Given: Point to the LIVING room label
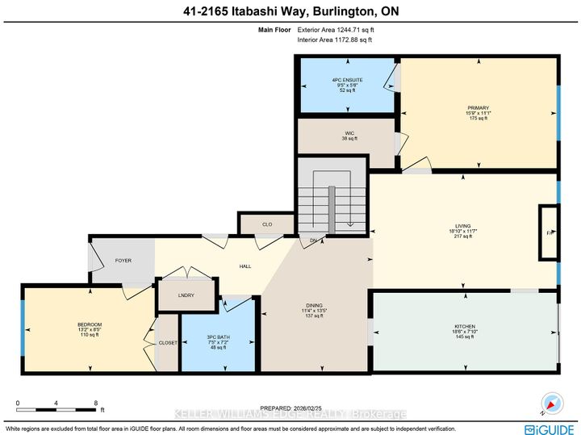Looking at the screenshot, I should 463,227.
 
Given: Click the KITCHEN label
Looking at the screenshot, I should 466,327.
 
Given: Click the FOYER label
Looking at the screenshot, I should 123,261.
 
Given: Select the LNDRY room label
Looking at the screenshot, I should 186,295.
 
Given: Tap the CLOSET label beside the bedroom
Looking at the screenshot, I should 168,342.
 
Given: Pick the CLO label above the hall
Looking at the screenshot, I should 267,224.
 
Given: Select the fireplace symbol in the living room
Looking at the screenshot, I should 549,233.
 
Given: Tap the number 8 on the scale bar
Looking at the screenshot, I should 96,402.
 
